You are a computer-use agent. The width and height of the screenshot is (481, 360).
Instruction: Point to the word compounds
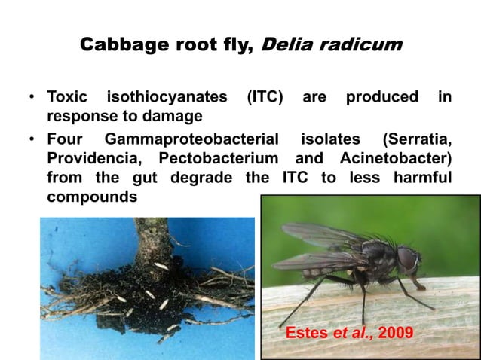tap(92, 197)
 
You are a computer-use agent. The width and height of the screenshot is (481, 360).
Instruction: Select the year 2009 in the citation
tap(394, 332)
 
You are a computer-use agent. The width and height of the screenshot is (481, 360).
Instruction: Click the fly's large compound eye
tap(407, 260)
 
